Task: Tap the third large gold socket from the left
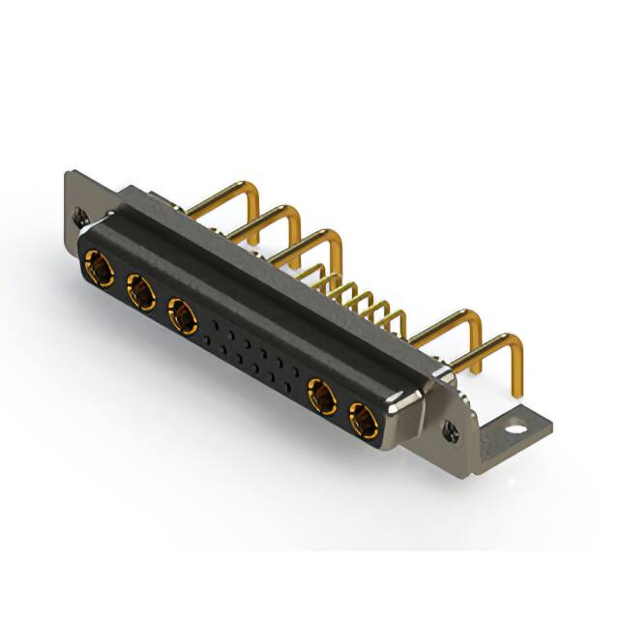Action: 182,313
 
